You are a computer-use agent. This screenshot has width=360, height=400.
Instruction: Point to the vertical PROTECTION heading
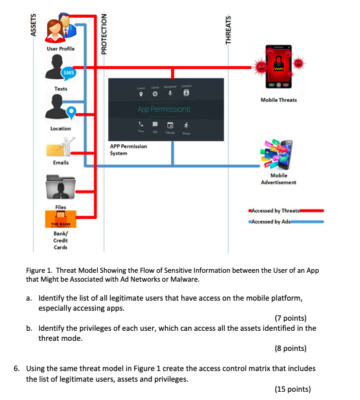coord(105,34)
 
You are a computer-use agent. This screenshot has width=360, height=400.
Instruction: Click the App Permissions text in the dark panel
coord(164,109)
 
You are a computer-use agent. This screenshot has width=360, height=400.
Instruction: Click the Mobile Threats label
coord(278,100)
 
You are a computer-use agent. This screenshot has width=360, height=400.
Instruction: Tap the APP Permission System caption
coord(128,149)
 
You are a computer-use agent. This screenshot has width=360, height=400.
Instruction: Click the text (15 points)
coord(292,389)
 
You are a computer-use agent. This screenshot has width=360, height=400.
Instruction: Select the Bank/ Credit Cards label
coord(60,241)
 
